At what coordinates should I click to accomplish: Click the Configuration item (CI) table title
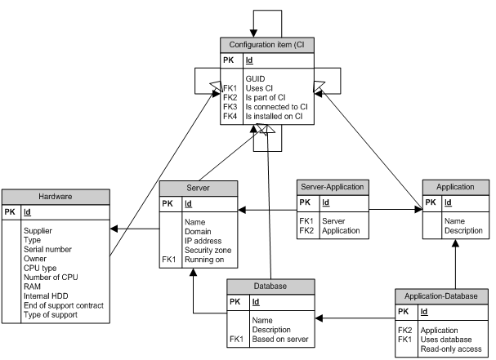pos(268,44)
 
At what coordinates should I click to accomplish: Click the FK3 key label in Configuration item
pos(230,107)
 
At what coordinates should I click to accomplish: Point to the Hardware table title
pos(56,196)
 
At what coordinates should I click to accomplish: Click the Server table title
pos(198,187)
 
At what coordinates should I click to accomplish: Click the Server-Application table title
pos(332,187)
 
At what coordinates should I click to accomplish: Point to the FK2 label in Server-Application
pos(306,231)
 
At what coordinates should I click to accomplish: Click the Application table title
pos(456,187)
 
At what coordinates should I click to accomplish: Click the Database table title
pos(270,286)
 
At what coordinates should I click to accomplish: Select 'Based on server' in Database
pos(282,339)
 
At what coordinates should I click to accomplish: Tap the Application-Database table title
pos(440,295)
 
